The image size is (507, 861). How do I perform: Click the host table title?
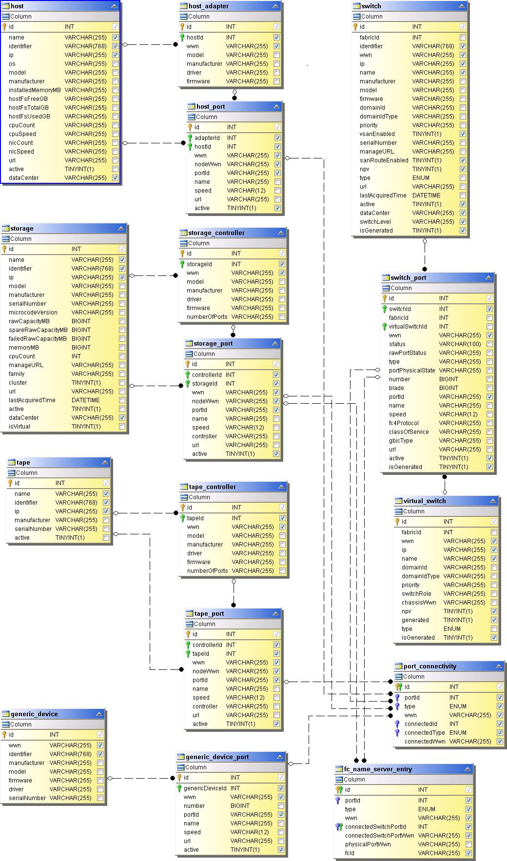click(17, 6)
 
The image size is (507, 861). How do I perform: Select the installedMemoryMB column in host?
click(35, 90)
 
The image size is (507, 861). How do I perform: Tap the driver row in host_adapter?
click(194, 73)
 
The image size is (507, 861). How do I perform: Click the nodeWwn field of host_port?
click(208, 164)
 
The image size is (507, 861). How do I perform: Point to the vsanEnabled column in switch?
click(377, 134)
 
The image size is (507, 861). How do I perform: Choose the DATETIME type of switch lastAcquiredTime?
click(426, 196)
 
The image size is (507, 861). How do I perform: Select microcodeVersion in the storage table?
click(33, 313)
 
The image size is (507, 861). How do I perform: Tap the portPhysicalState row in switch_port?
click(412, 371)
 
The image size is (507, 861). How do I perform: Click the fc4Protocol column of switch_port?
click(404, 423)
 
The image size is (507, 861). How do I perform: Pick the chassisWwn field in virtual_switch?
click(419, 603)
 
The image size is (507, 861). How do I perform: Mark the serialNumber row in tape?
click(33, 529)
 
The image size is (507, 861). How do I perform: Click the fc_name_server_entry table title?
click(378, 769)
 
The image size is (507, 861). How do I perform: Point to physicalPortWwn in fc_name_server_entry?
click(368, 844)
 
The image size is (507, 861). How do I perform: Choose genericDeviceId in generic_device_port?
click(205, 788)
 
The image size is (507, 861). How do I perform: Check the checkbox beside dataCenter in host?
click(116, 178)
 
